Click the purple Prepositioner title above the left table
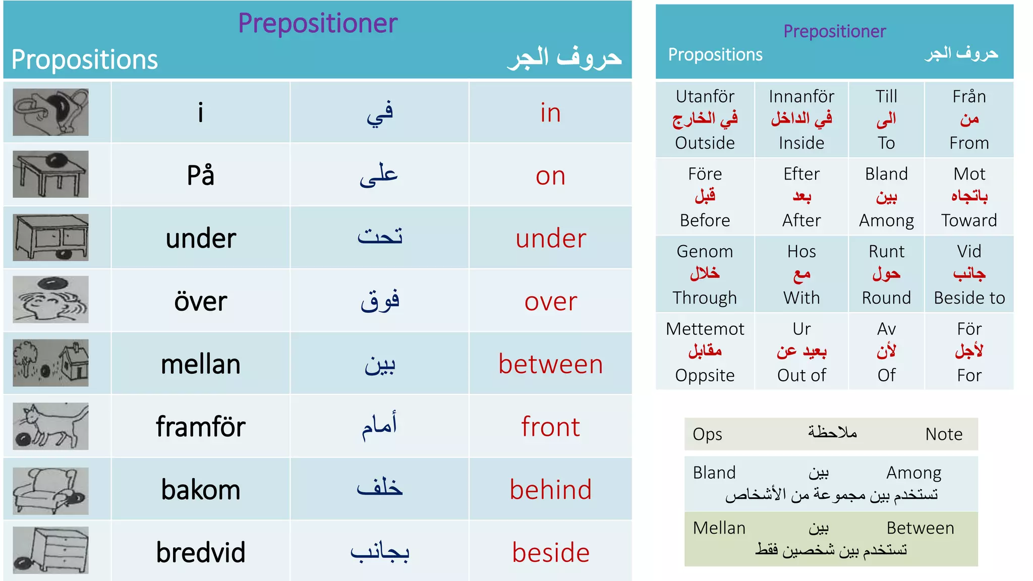click(x=318, y=23)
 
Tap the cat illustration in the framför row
click(x=50, y=426)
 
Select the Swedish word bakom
click(x=200, y=490)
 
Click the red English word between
click(x=550, y=364)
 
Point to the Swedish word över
click(x=200, y=302)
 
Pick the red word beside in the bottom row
click(x=550, y=552)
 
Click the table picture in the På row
click(x=50, y=175)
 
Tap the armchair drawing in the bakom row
click(x=50, y=490)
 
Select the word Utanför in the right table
click(x=705, y=96)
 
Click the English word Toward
click(x=969, y=220)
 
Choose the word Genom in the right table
click(x=705, y=251)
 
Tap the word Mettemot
click(x=705, y=329)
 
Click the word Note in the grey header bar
click(x=944, y=434)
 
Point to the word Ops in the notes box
click(x=707, y=434)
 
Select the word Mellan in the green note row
click(x=719, y=528)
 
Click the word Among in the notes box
click(x=913, y=473)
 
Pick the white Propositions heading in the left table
click(x=85, y=60)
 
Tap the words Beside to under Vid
click(x=969, y=298)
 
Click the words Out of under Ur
click(x=801, y=375)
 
